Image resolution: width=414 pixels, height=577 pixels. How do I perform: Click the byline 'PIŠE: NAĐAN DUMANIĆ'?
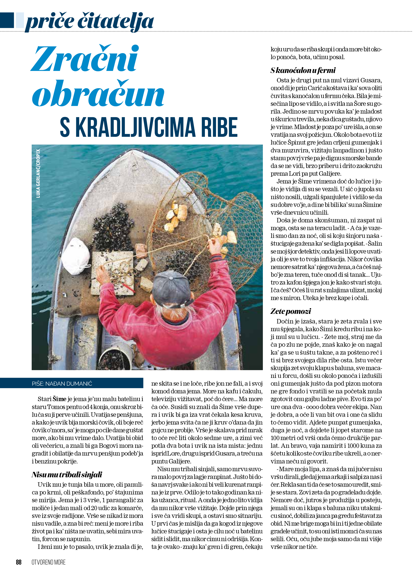[x=62, y=384]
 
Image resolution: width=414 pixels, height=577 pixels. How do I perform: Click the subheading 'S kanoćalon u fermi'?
[x=303, y=70]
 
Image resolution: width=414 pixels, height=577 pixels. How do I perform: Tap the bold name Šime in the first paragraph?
[x=59, y=399]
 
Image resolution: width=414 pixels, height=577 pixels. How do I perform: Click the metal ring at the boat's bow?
[x=134, y=167]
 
